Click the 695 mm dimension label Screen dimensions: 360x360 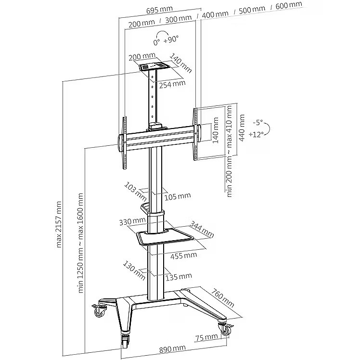point(159,10)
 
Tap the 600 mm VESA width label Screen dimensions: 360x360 point(289,5)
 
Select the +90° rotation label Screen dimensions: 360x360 point(171,39)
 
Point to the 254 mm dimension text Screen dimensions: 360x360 point(172,84)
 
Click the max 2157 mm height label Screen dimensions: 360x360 point(59,224)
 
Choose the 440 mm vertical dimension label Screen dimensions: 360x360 point(242,128)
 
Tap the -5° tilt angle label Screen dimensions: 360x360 point(258,123)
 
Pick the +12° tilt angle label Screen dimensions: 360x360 point(256,134)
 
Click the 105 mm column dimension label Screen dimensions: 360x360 point(178,196)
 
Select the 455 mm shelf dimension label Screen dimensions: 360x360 point(184,255)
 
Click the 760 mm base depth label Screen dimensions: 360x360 point(222,298)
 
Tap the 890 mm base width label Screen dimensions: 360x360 point(172,349)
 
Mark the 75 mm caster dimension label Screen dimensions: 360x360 point(206,337)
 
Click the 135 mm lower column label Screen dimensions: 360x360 point(179,277)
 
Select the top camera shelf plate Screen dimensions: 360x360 point(154,66)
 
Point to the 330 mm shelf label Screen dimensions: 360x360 point(132,222)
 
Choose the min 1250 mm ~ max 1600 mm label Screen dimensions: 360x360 point(80,243)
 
